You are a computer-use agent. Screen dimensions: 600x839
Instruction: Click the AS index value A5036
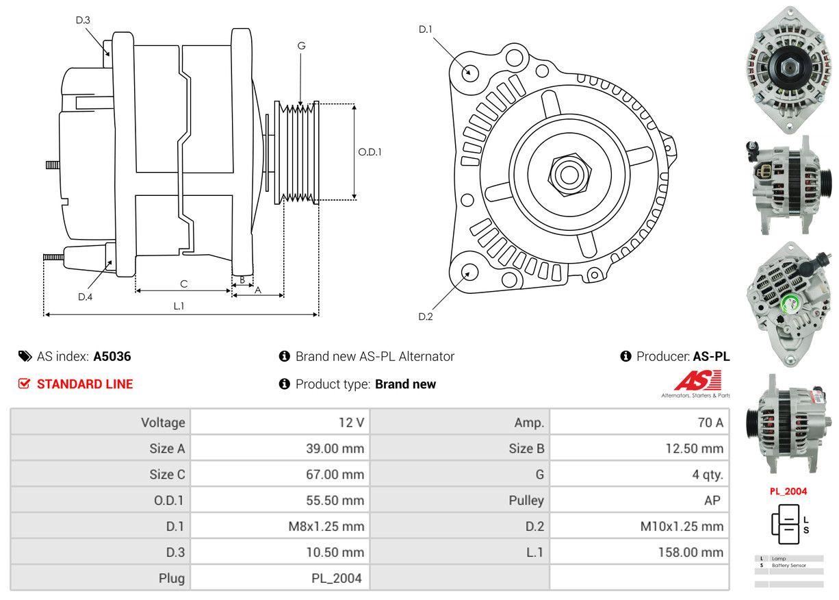coord(112,356)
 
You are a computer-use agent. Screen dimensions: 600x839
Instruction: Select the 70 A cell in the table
coord(710,423)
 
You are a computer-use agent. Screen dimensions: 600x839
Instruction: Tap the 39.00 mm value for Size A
coord(335,449)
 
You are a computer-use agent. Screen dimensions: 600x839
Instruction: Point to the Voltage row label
coord(163,423)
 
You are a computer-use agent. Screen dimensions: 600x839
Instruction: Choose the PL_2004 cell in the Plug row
coord(337,578)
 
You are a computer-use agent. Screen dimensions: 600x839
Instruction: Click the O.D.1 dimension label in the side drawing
coord(370,152)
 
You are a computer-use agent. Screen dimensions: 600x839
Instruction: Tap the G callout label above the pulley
coord(301,46)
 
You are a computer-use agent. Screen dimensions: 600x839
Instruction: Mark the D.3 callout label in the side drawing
coord(83,20)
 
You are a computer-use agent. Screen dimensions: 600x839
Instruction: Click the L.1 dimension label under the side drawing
coord(179,306)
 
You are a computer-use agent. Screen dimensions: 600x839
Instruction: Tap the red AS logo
coord(697,381)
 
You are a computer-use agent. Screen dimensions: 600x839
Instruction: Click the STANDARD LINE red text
coord(85,384)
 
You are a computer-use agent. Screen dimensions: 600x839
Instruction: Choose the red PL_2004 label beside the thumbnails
coord(788,491)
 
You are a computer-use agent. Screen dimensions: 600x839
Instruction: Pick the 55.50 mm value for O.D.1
coord(335,500)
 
